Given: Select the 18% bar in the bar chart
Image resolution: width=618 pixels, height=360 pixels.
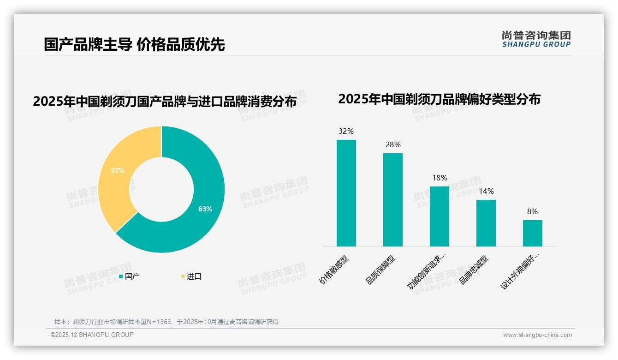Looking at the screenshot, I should [439, 216].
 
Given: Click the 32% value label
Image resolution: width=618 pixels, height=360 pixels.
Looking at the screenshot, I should [346, 131].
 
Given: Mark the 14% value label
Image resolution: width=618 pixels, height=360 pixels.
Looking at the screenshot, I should [486, 191].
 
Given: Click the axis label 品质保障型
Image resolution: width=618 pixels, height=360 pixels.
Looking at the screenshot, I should [380, 270].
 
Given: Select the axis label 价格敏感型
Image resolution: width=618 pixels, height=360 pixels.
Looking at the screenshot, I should [334, 270].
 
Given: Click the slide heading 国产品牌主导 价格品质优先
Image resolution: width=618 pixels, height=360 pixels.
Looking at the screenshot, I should [134, 44].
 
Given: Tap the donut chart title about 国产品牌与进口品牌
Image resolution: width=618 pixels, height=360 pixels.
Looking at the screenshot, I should [165, 101].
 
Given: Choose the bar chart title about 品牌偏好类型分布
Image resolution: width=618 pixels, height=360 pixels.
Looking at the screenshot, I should [439, 99].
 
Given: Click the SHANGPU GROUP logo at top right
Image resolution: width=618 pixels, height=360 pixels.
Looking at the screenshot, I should [536, 39].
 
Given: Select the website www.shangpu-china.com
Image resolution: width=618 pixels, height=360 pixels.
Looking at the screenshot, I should [537, 335].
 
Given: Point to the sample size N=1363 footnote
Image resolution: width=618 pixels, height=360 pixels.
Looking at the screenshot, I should [166, 322].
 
